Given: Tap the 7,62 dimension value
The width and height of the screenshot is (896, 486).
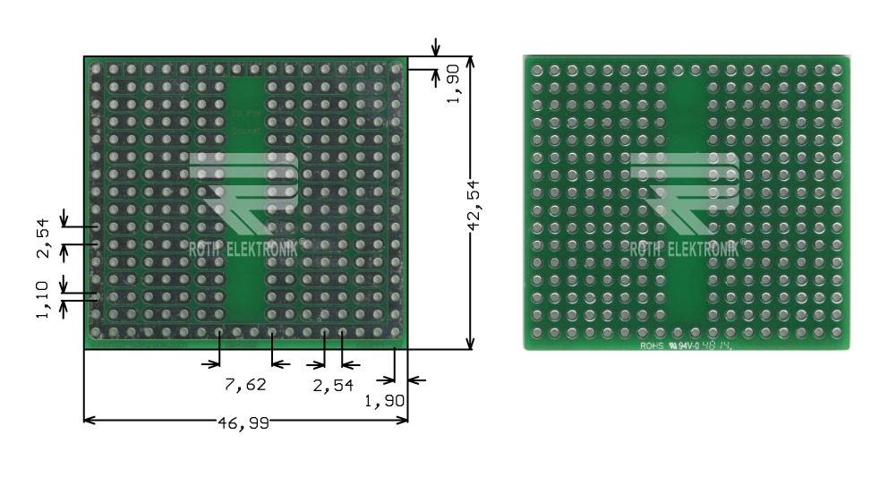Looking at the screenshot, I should pyautogui.click(x=244, y=385).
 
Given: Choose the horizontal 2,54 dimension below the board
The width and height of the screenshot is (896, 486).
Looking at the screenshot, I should pyautogui.click(x=332, y=385).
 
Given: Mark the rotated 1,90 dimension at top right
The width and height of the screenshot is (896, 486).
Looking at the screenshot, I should pyautogui.click(x=455, y=82).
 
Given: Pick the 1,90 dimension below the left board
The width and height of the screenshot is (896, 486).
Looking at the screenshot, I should pyautogui.click(x=385, y=402).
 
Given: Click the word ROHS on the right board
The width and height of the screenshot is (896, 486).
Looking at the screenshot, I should pyautogui.click(x=652, y=345).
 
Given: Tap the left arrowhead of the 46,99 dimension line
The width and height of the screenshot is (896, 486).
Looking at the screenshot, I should pyautogui.click(x=88, y=419).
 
